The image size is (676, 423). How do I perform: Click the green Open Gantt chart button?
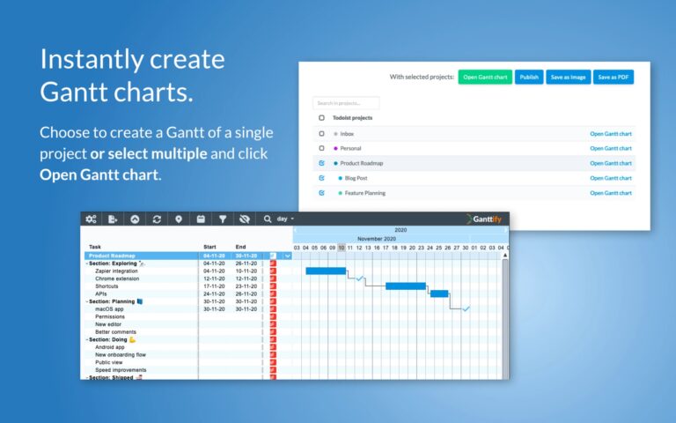[x=485, y=78]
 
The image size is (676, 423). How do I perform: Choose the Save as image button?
[x=568, y=78]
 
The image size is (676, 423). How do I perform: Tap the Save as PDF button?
[x=614, y=78]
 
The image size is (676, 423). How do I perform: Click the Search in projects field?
[x=346, y=103]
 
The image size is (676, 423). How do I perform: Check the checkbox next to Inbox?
[x=322, y=134]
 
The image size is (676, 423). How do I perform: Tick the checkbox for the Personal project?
[x=322, y=148]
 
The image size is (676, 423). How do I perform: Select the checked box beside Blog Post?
[x=322, y=178]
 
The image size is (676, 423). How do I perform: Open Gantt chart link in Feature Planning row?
[x=611, y=193]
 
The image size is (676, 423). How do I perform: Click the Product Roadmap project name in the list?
[x=361, y=163]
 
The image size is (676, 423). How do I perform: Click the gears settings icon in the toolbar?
[x=92, y=219]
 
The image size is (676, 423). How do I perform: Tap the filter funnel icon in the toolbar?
[x=223, y=219]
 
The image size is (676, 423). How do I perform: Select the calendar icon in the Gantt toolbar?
[x=201, y=219]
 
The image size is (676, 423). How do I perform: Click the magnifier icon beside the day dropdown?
[x=268, y=219]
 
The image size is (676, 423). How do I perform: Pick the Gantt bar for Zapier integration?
[x=326, y=271]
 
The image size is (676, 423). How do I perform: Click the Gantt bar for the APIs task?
[x=439, y=293]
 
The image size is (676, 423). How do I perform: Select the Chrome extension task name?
[x=117, y=278]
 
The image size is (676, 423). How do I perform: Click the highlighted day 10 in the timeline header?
[x=342, y=248]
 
